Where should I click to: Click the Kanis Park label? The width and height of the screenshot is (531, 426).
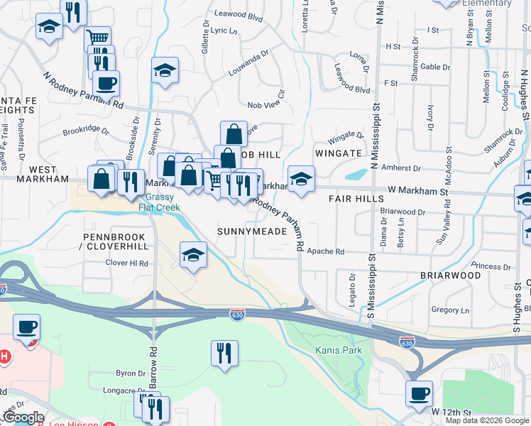pos(339,350)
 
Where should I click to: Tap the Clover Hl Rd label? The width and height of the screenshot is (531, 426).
pos(126,263)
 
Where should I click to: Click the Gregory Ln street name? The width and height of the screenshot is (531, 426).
pos(450,310)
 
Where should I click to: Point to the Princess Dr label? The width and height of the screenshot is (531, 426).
pos(486,266)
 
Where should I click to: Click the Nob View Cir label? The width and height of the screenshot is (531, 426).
pos(265,105)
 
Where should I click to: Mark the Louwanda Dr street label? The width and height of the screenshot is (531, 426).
pos(248,63)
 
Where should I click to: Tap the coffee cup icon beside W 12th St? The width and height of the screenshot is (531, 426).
pos(419,393)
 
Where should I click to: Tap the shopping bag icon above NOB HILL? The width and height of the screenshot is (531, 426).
pos(234,133)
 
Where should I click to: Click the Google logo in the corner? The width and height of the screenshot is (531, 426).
pos(23,418)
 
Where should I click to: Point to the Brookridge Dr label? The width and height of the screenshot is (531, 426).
pos(85,131)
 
